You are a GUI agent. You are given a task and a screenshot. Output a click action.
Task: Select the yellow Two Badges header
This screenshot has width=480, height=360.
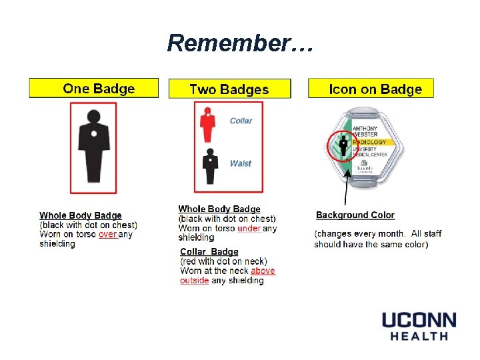pyautogui.click(x=229, y=89)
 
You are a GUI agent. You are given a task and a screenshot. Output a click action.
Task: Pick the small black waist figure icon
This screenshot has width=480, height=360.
pyautogui.click(x=211, y=167)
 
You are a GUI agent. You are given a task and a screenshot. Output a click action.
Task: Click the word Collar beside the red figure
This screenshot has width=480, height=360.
pyautogui.click(x=241, y=121)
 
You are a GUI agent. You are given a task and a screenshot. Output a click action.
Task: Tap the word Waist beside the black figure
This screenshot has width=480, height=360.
pyautogui.click(x=240, y=163)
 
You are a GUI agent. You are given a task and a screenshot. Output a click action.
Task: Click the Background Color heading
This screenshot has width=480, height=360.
pyautogui.click(x=355, y=215)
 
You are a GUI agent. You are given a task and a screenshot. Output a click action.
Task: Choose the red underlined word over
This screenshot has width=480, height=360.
pyautogui.click(x=107, y=235)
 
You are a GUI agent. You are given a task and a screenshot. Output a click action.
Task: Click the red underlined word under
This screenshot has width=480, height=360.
pyautogui.click(x=249, y=229)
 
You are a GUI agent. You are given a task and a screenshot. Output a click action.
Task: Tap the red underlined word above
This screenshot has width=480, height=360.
pyautogui.click(x=263, y=271)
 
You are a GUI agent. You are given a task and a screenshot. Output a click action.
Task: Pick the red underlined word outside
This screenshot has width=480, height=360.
pyautogui.click(x=194, y=281)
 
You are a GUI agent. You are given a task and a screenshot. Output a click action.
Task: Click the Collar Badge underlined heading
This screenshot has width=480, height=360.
pyautogui.click(x=209, y=252)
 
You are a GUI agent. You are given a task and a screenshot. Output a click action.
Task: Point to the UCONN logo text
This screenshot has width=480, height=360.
pyautogui.click(x=419, y=321)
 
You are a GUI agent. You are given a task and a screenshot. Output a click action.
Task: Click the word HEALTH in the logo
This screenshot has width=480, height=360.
pyautogui.click(x=419, y=337)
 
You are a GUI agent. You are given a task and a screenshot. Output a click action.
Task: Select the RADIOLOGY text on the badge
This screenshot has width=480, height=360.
pyautogui.click(x=369, y=142)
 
